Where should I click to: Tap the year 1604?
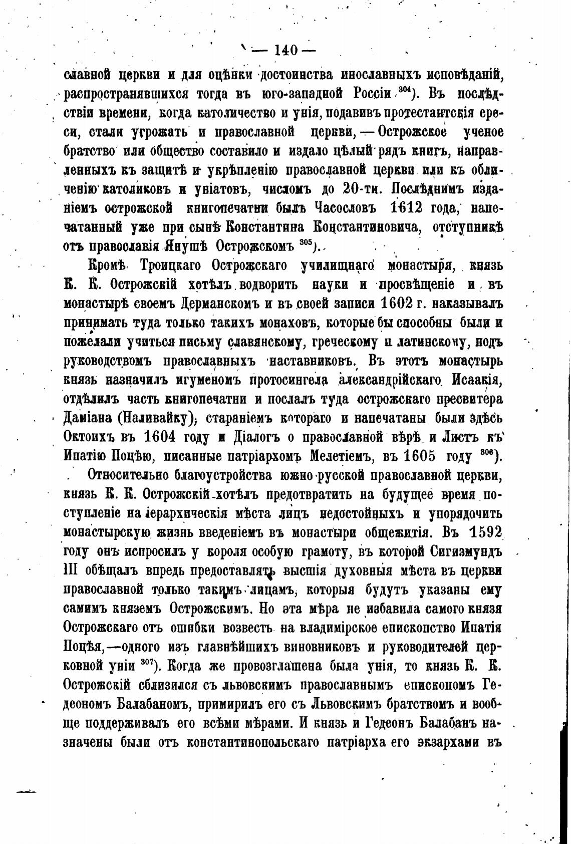tap(159, 436)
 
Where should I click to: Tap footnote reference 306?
tap(485, 452)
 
